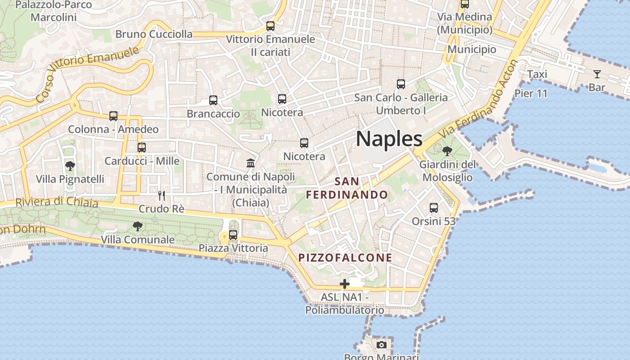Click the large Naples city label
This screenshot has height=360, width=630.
pos(389,139)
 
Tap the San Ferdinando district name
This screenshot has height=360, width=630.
pos(347,188)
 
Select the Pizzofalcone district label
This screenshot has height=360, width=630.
pos(346,258)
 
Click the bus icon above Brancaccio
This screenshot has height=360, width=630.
pos(213,100)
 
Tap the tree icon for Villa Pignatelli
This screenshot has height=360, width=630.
pos(70,166)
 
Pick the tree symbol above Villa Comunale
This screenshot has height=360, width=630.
pos(138,226)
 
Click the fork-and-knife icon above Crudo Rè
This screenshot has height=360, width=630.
pos(162,196)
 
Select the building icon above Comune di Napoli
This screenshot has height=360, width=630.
pos(251,163)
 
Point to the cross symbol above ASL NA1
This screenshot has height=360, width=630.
pos(345,284)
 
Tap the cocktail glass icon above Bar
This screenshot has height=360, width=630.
pos(597,74)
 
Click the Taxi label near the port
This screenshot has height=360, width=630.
pos(537,74)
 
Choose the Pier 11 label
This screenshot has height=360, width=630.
pos(531,94)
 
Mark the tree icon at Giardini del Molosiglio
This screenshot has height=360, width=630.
pos(447,151)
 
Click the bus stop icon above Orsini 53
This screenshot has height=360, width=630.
pos(434,208)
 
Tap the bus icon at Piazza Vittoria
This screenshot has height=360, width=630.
pos(233,234)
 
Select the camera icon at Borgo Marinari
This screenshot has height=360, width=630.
pos(382,345)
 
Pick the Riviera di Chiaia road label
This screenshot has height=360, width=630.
pos(57,202)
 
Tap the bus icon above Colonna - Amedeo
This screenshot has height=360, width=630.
pos(113,116)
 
